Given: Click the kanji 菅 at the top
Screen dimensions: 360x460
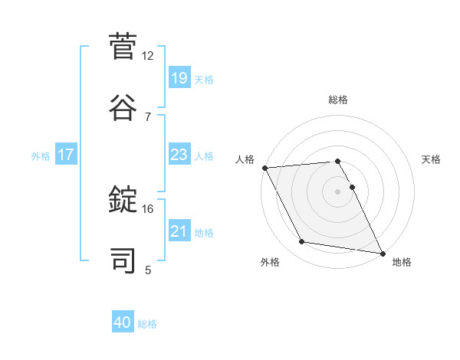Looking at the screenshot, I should click(123, 47).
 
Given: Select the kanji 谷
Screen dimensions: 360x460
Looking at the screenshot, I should click(123, 105).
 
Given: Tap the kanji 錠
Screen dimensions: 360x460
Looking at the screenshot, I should click(123, 200).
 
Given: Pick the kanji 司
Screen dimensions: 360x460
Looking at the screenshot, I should click(123, 258).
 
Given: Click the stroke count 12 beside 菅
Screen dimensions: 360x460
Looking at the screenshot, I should click(148, 56).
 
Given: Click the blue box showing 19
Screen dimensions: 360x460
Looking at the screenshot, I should click(179, 78).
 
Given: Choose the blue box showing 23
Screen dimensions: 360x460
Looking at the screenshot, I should click(179, 155).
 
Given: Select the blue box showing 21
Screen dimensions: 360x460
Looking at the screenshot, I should click(179, 231).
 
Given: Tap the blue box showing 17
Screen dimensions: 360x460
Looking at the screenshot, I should click(66, 155).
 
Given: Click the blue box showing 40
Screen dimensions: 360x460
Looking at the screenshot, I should click(123, 323).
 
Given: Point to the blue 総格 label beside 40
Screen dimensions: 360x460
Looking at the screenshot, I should click(147, 324).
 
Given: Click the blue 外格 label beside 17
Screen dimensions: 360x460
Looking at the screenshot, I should click(41, 155).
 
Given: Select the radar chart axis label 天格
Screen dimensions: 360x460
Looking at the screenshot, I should click(431, 159).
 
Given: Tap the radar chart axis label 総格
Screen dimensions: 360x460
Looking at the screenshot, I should click(338, 100).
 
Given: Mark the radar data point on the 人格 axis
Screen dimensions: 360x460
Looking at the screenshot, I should click(264, 168).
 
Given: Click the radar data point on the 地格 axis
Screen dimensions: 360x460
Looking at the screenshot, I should click(382, 253).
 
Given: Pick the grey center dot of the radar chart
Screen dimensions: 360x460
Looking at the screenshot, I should click(338, 191).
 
